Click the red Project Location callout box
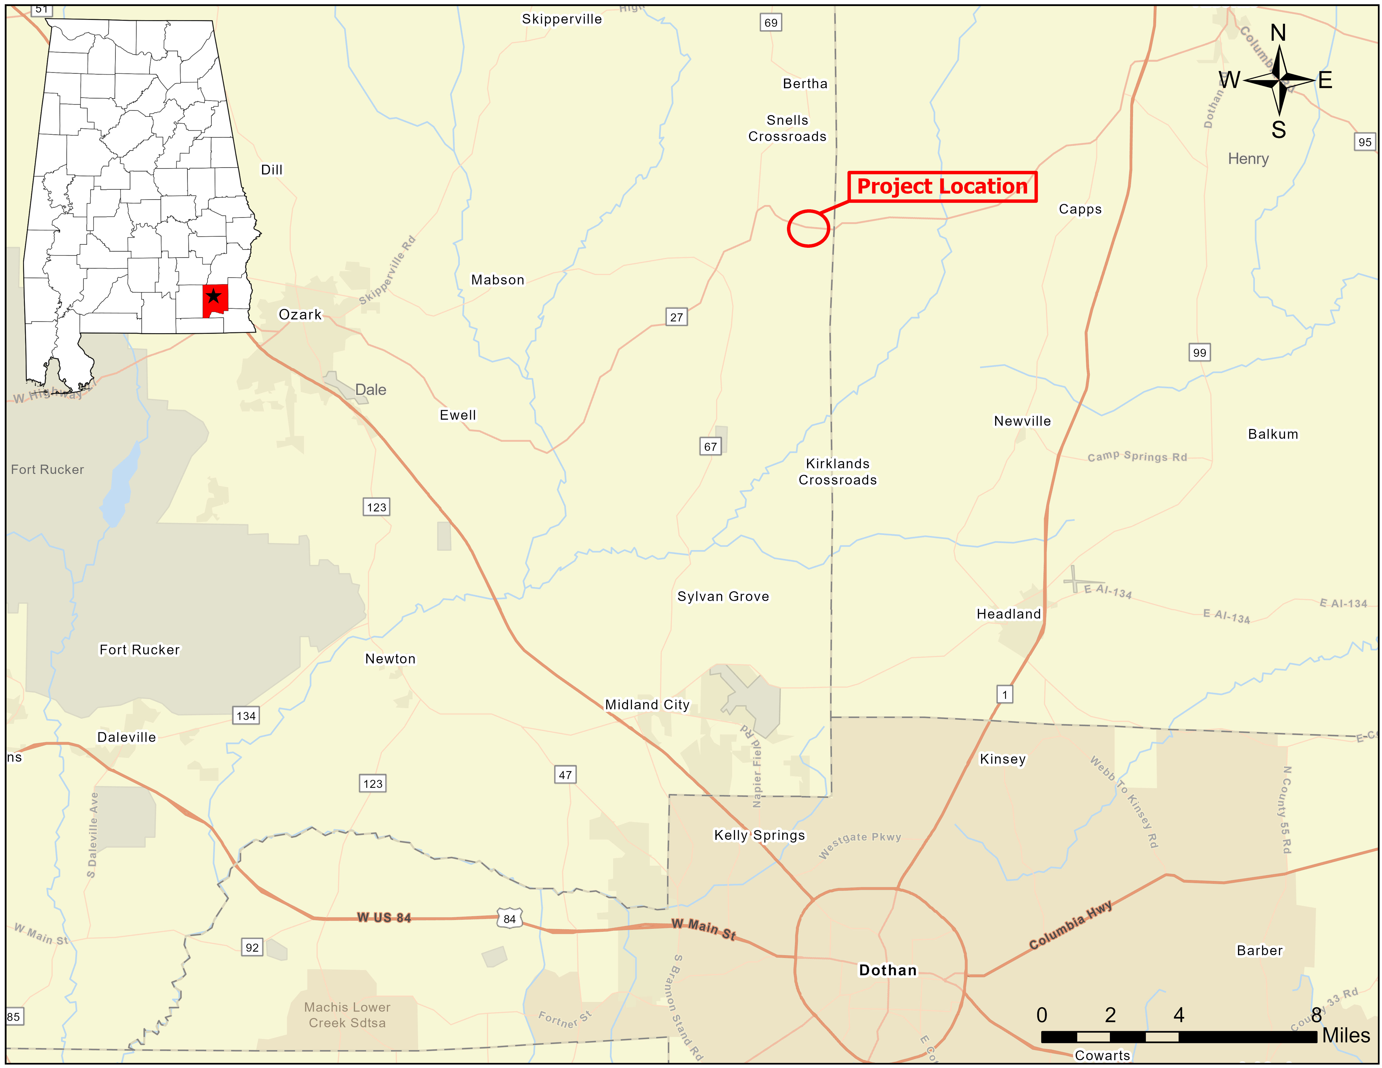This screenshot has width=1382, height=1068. (x=942, y=187)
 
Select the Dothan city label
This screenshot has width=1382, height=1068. (x=887, y=970)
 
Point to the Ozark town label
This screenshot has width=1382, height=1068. (x=300, y=314)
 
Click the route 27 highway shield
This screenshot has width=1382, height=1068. (x=676, y=317)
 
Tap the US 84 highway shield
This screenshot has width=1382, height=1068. (x=509, y=919)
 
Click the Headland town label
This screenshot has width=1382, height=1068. (x=1009, y=614)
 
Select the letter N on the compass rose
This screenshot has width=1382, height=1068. (x=1278, y=33)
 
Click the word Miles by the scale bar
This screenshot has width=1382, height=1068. (x=1346, y=1036)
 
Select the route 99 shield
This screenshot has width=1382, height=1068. (x=1199, y=352)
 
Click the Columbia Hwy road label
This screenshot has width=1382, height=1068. (x=1070, y=925)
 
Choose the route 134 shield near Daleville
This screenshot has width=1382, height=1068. (x=246, y=716)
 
